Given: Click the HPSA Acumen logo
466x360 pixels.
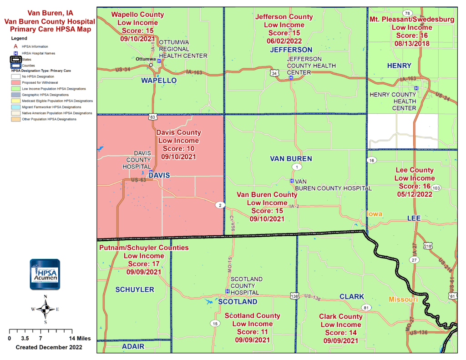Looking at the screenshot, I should point(45,274).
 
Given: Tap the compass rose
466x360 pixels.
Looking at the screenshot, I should point(45,309).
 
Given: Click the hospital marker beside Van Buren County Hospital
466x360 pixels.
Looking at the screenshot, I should point(292,181).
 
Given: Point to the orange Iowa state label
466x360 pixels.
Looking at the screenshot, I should point(375,214).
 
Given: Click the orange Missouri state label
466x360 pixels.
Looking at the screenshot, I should point(403,299).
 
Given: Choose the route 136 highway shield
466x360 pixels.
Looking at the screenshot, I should point(294,296).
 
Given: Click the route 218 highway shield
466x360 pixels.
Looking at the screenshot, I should point(427,246).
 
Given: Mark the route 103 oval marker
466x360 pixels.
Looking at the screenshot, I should point(436,188).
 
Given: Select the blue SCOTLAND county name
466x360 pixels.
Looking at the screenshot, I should point(238,302).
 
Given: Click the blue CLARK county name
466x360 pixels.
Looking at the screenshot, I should point(352,297).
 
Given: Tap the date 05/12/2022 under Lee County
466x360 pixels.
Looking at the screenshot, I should point(414,194).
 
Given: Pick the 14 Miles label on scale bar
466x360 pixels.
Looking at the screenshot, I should point(80,339).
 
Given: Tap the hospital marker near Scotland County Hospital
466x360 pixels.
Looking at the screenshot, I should point(228,291).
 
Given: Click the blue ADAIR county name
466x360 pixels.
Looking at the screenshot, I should point(133,346).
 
